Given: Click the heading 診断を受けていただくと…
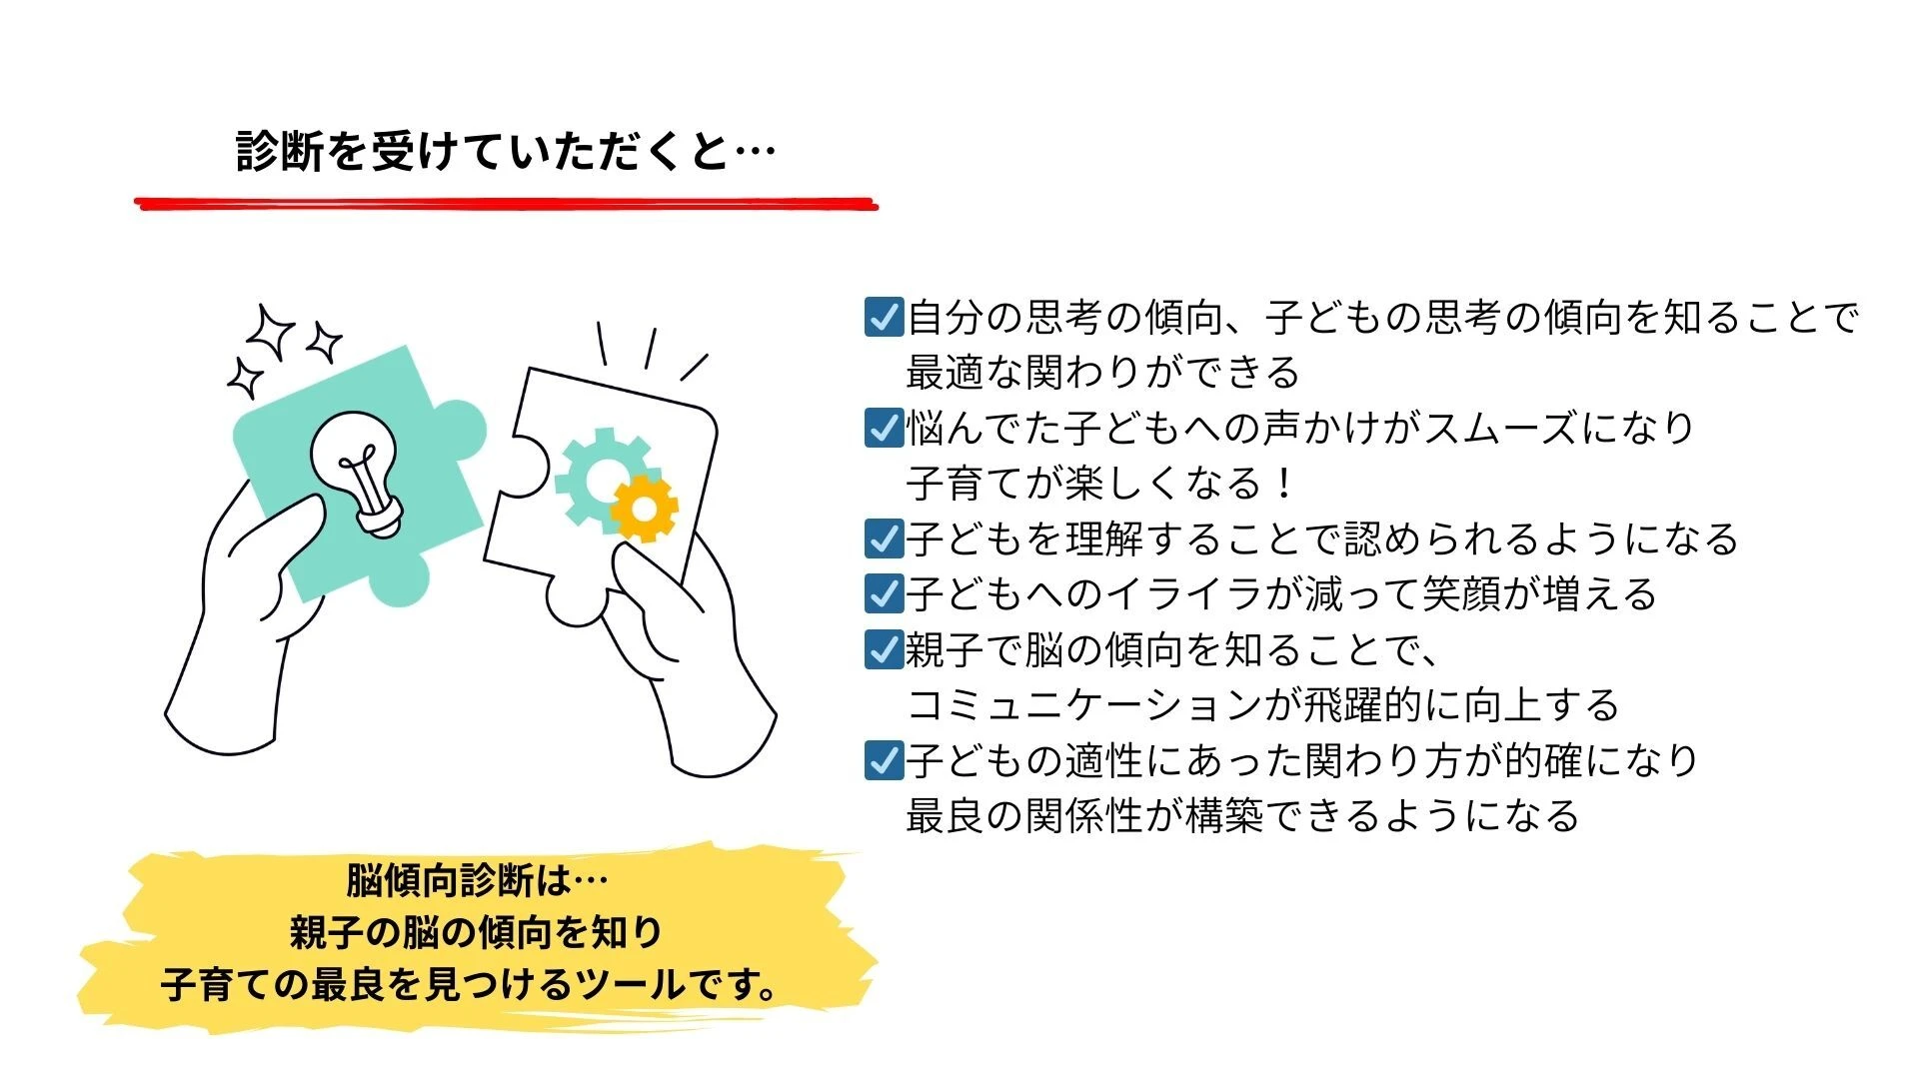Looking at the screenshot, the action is tap(506, 152).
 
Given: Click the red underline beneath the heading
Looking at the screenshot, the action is tap(506, 204).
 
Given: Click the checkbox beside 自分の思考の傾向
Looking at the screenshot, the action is tap(884, 317).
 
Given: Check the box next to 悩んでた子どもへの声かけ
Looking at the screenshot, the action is tap(884, 428).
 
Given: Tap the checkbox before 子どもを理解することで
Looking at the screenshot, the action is tap(884, 539).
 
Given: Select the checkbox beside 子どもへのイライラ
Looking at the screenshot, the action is tap(884, 593).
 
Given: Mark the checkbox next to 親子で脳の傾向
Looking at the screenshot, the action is tap(884, 649).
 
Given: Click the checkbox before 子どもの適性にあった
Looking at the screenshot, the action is tap(884, 760).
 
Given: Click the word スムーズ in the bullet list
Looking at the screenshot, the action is tap(1501, 428).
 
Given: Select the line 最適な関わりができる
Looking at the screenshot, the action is tap(1102, 373).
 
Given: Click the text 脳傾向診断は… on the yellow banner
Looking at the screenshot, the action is tap(477, 880).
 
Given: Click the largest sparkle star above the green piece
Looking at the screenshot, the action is tap(271, 332).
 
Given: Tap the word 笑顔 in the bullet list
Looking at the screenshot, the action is tap(1462, 594).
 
